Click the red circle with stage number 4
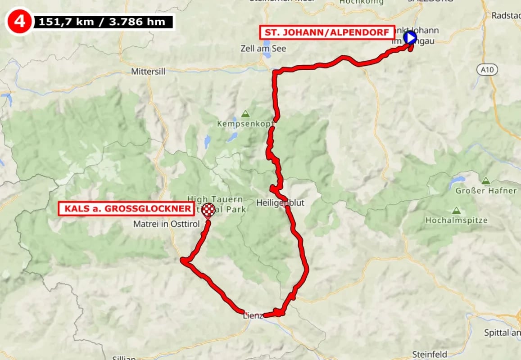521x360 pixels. click(19, 21)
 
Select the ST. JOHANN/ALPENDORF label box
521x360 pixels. click(327, 32)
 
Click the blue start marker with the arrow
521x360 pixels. click(410, 38)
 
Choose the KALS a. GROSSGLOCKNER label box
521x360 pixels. click(127, 209)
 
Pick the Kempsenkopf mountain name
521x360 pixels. click(245, 123)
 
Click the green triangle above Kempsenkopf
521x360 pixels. click(245, 113)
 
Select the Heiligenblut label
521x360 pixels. click(280, 203)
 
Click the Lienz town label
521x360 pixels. click(253, 315)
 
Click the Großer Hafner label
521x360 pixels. click(486, 191)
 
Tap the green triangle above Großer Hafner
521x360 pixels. click(485, 181)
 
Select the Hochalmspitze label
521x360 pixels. click(457, 220)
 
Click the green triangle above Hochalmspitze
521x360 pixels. click(456, 211)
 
